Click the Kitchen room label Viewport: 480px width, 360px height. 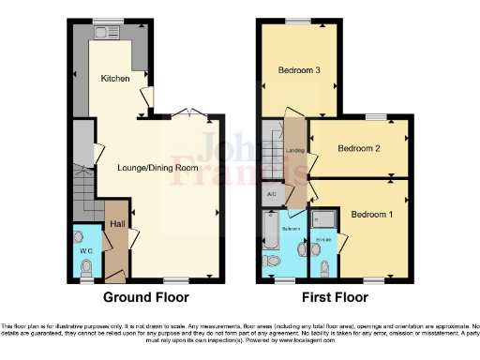[x=114, y=79]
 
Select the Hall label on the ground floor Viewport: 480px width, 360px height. [x=117, y=224]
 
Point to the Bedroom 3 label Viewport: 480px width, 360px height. [x=298, y=70]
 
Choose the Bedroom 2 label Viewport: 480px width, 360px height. [x=357, y=148]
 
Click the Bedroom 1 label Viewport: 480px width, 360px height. [x=370, y=215]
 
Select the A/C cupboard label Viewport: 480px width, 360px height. [x=272, y=195]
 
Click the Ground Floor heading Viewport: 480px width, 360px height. [x=145, y=297]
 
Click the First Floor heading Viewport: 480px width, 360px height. [x=336, y=297]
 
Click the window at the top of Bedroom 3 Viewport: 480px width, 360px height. [x=298, y=21]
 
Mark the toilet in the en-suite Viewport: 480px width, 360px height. [x=323, y=268]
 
